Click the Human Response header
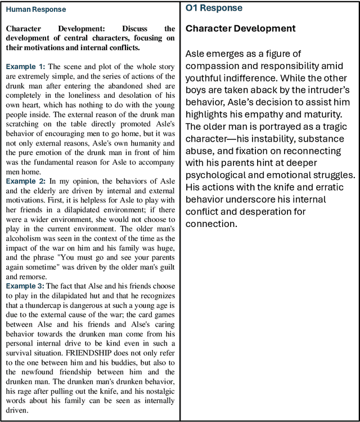(36, 10)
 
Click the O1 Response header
(214, 8)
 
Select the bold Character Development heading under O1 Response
(240, 28)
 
